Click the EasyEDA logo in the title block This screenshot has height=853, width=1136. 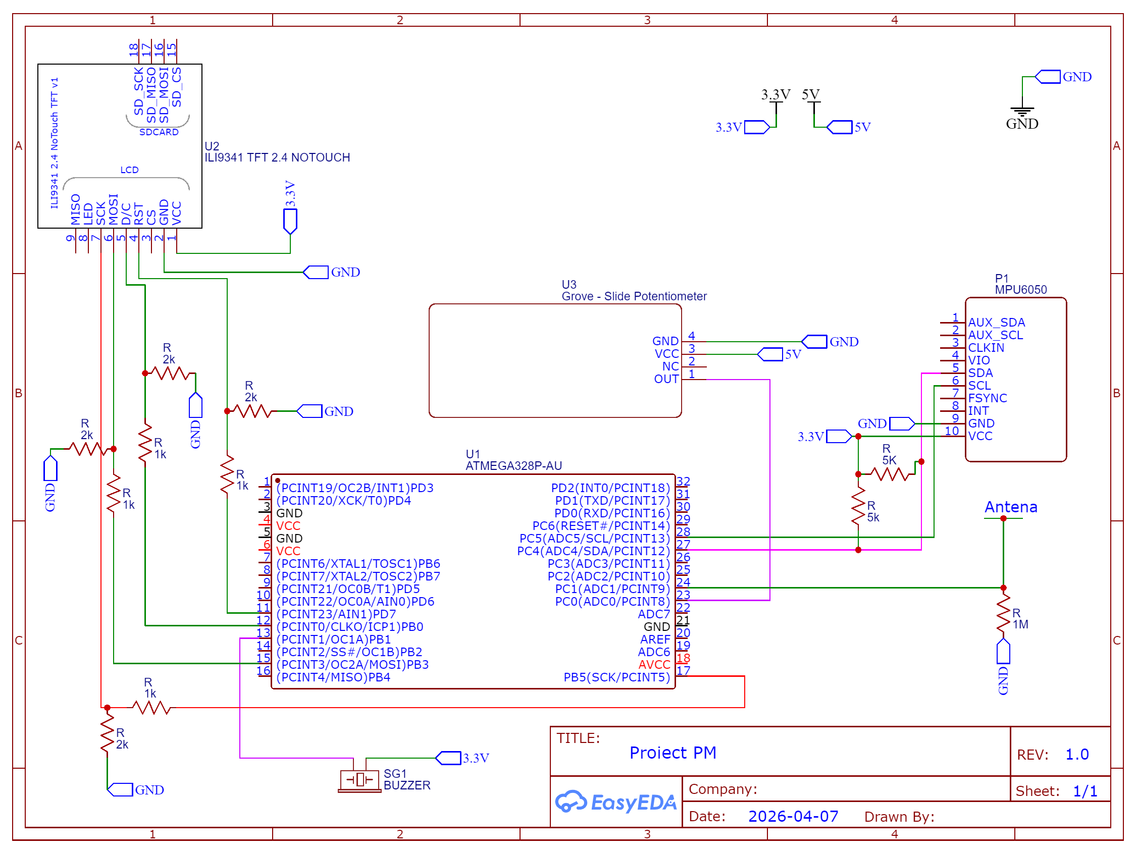pos(615,802)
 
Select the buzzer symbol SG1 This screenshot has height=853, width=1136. pos(359,780)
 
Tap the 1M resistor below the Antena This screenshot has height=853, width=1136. pos(1003,614)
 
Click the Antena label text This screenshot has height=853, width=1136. pos(1011,507)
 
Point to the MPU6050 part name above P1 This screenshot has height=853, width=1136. pos(1020,290)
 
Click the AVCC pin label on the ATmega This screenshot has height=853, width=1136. pos(654,665)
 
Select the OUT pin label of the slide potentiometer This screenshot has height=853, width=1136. pos(666,379)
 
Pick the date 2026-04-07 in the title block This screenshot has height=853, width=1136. pos(793,816)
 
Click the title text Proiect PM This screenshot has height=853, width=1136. pos(673,753)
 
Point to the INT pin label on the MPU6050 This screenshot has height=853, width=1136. pos(978,411)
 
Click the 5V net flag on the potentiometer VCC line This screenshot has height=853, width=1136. pos(779,354)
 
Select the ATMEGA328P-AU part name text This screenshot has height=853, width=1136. pos(513,466)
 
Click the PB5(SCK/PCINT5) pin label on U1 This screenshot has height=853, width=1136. pos(617,677)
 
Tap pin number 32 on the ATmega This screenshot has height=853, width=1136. pos(683,481)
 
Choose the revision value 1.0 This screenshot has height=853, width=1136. pos(1077,755)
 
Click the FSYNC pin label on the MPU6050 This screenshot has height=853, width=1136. pos(987,398)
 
